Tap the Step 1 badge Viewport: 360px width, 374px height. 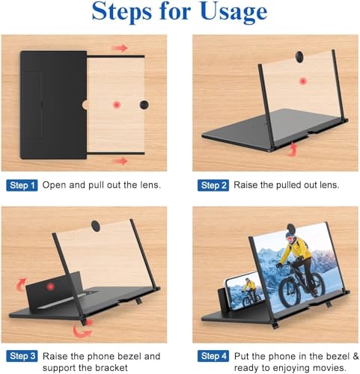[22, 186]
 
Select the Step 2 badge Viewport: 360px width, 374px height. [213, 186]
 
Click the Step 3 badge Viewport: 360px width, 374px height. [22, 356]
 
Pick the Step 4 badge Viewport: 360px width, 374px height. [213, 356]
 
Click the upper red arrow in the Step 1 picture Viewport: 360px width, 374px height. [120, 48]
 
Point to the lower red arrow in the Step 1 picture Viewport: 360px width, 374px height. [120, 161]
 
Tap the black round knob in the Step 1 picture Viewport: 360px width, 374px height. [144, 105]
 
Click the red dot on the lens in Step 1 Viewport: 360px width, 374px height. [117, 105]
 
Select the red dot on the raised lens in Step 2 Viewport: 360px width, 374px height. [303, 82]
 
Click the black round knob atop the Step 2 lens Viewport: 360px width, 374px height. [299, 57]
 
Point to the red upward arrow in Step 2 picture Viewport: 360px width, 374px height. [293, 150]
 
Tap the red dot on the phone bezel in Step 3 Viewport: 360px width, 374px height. [51, 286]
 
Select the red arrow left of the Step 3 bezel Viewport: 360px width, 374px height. [21, 284]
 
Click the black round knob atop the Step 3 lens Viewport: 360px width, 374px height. [96, 226]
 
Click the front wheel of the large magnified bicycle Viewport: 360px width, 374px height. [290, 292]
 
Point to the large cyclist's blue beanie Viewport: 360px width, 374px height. [290, 234]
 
